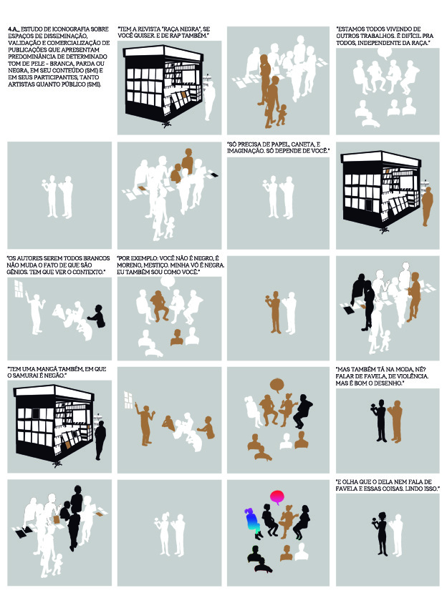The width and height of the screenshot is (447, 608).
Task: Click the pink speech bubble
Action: [277, 496]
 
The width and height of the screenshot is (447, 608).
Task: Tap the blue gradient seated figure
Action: [251, 523]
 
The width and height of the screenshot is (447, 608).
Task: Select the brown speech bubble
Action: [277, 385]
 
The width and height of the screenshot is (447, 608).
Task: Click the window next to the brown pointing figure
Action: [128, 400]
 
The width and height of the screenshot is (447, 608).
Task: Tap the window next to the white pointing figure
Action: [19, 288]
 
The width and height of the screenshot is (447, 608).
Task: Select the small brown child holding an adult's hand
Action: [282, 114]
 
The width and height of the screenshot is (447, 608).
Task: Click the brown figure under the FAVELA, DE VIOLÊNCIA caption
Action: [396, 421]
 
